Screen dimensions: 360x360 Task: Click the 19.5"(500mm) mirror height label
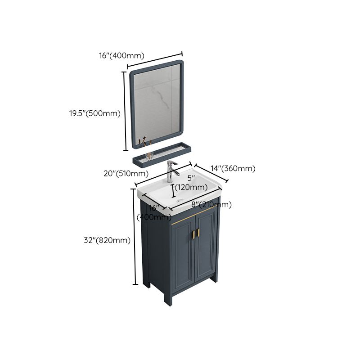(x=91, y=113)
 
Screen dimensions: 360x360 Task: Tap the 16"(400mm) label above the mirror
(x=121, y=56)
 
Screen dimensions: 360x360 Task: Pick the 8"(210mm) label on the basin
(x=211, y=205)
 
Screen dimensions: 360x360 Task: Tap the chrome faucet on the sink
(x=171, y=170)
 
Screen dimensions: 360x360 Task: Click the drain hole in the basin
(x=180, y=198)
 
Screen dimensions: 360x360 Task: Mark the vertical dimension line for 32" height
(x=135, y=237)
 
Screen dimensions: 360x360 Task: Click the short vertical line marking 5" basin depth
(x=173, y=191)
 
